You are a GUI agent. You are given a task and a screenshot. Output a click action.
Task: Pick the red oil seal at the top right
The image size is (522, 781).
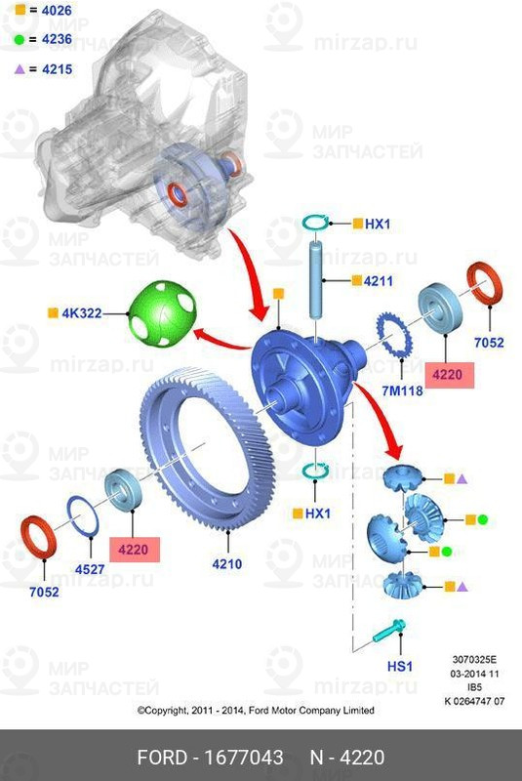click(485, 297)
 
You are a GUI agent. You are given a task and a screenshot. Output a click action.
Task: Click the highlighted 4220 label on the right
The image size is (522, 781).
click(449, 374)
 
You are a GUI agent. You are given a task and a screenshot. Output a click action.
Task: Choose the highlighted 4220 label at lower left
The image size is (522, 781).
click(134, 550)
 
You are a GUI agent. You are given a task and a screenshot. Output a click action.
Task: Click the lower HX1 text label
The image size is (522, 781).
click(319, 514)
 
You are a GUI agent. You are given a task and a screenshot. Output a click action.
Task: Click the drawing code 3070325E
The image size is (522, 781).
click(475, 660)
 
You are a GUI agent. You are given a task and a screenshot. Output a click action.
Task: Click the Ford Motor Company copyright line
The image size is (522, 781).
click(255, 711)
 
